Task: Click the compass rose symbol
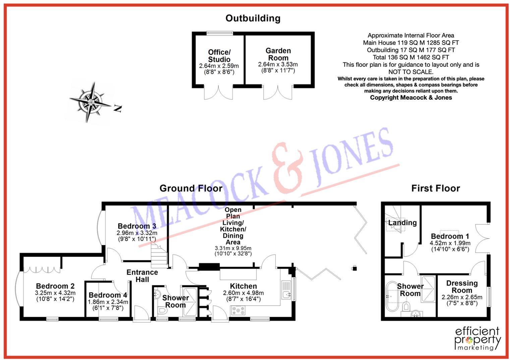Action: tap(90, 101)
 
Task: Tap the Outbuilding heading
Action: tap(252, 18)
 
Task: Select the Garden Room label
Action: tap(278, 54)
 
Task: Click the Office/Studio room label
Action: tap(219, 56)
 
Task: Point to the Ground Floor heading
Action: tap(191, 188)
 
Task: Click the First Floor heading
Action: tap(435, 188)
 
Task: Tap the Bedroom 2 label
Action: tap(55, 286)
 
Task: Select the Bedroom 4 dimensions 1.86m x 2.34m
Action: tap(108, 302)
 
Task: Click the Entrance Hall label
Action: tap(142, 276)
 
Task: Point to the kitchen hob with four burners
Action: tap(238, 311)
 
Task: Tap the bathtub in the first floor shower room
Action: tap(392, 297)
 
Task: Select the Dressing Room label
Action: tap(462, 287)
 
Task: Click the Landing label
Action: tap(402, 223)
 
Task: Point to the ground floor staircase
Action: tap(159, 256)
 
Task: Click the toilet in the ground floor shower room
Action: tap(162, 311)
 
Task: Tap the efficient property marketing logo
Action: tap(477, 339)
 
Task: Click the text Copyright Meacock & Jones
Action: tap(411, 98)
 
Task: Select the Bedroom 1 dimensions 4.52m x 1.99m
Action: tap(450, 243)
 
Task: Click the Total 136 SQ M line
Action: tap(411, 57)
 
